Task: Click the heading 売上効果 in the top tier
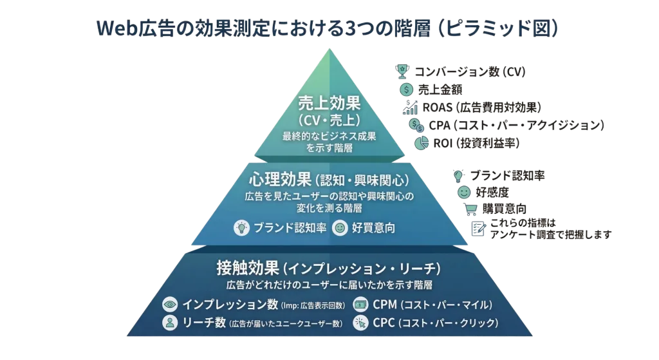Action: point(329,103)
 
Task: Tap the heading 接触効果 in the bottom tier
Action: point(248,267)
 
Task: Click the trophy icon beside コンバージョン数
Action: point(403,70)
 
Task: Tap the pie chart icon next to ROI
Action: point(422,142)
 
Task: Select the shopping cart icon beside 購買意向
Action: point(472,208)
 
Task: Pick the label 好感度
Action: point(492,191)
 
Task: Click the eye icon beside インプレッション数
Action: point(171,304)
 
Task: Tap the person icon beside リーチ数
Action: point(171,323)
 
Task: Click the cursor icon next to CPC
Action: point(360,323)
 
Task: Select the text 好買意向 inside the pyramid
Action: point(373,227)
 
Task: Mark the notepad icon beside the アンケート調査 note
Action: point(479,227)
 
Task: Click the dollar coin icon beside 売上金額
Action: point(406,90)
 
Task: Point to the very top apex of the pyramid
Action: point(329,49)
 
